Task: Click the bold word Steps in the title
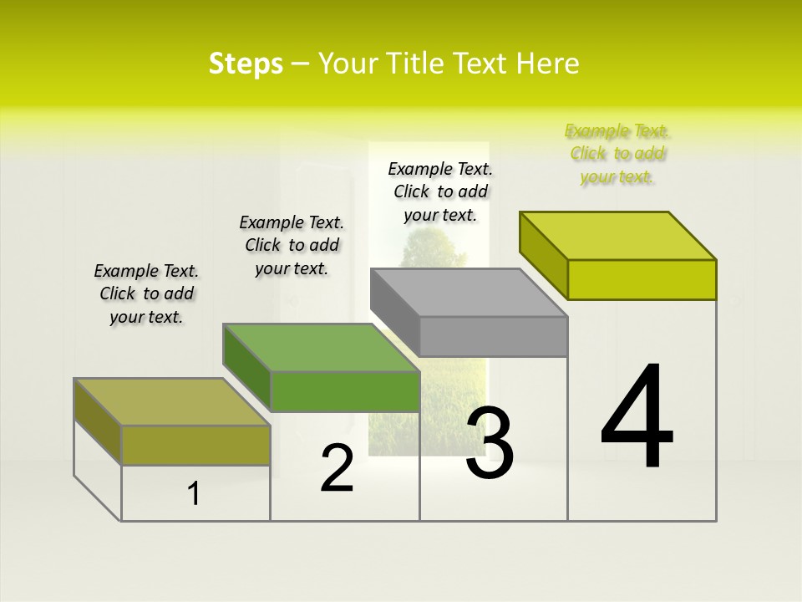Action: [246, 64]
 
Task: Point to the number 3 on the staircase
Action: [490, 443]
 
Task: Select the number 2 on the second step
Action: [337, 468]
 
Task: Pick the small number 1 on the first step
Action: [194, 494]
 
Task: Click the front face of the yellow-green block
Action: [642, 279]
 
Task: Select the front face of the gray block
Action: [493, 336]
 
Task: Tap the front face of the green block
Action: [344, 391]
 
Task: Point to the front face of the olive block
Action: [195, 445]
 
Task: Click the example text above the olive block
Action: [146, 293]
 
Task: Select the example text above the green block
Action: [292, 245]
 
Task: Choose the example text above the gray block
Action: [440, 191]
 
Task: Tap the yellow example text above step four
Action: [617, 153]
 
